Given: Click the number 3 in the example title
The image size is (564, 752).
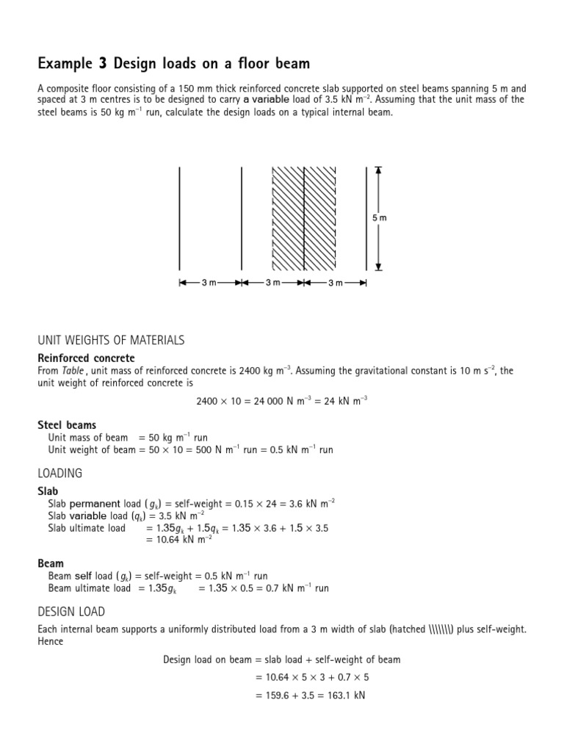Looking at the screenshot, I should coord(102,64).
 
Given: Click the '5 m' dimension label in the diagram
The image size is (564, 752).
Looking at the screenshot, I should coord(378,218).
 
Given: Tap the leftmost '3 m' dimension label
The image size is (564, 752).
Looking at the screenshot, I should coord(209,283).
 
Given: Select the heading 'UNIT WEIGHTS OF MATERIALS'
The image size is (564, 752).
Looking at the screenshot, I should coord(111,340).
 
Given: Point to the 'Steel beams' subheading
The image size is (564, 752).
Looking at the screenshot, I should coord(67,425).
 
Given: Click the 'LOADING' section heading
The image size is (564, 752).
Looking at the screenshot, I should coord(60,473).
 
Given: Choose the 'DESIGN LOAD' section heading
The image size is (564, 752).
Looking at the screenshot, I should coord(71,611).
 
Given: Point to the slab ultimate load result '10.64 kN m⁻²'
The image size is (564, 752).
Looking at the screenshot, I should coord(180,540).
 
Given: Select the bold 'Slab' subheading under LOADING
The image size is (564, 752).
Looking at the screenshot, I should coord(48,491).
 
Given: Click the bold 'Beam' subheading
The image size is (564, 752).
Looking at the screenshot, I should coord(51,563).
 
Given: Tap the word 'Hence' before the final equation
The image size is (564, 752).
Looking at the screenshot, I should coord(51,641).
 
